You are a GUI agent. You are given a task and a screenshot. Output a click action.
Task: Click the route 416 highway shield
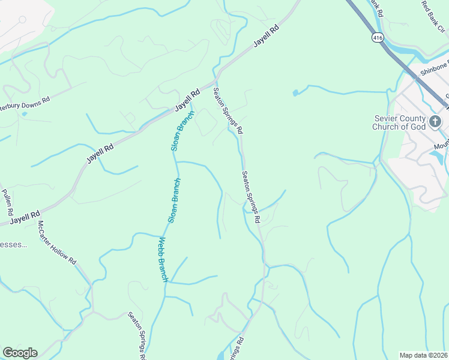pos(377,37)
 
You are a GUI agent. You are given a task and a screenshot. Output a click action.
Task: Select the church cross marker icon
pos(435,121)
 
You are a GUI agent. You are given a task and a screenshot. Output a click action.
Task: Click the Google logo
pos(20,353)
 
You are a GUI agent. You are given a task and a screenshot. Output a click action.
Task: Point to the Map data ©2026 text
pos(424,355)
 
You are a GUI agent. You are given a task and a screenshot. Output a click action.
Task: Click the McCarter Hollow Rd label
pos(58,243)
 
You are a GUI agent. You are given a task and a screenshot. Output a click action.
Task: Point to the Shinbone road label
pos(434,70)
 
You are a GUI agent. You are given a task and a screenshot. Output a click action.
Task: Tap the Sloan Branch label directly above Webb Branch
pos(175,200)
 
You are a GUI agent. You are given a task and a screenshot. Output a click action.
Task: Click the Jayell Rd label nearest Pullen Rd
pos(25,217)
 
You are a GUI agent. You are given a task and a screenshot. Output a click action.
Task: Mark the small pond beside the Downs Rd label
pos(24,113)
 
